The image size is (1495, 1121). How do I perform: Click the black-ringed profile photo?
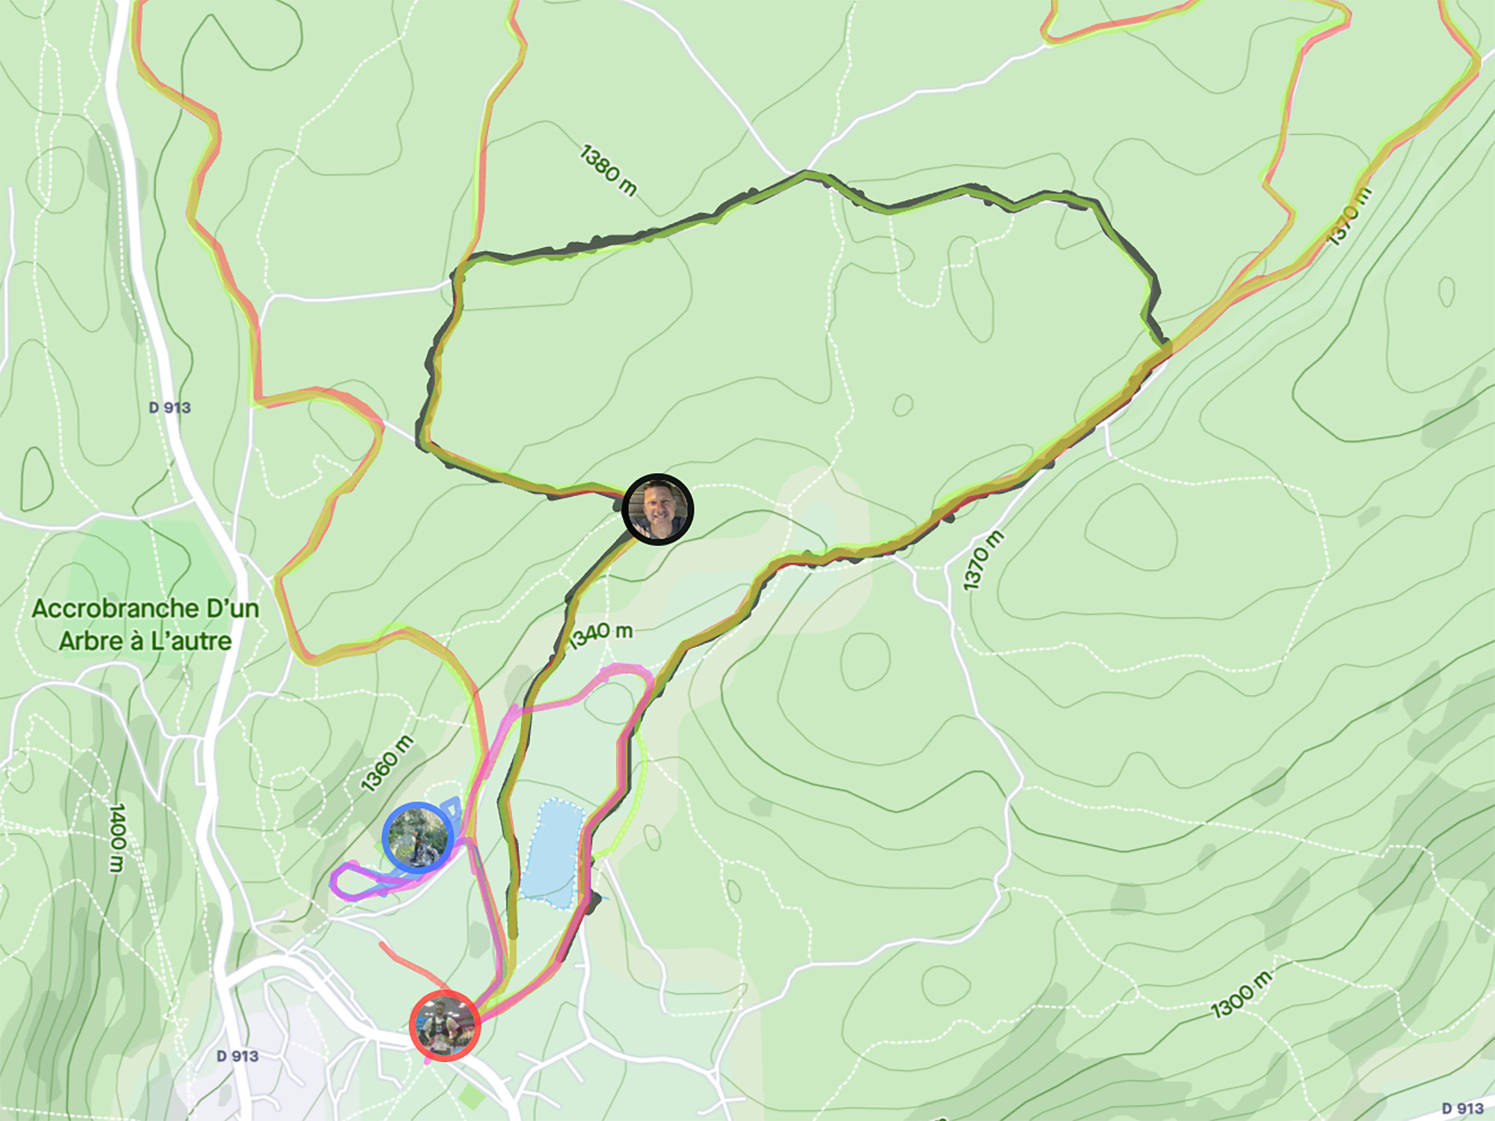click(x=658, y=509)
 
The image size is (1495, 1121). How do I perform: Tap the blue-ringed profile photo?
click(x=418, y=837)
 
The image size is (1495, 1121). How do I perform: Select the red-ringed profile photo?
click(x=445, y=1026)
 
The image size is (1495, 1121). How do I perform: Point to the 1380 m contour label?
click(x=608, y=171)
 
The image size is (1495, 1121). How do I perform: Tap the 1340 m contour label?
click(x=600, y=636)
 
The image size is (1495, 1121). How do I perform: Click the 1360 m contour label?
click(x=386, y=764)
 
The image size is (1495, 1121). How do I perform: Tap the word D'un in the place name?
click(x=232, y=608)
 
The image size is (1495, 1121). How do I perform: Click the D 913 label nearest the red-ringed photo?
click(x=238, y=1056)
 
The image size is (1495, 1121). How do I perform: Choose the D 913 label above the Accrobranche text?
click(x=170, y=407)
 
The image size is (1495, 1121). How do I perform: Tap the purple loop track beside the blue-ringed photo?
click(x=351, y=882)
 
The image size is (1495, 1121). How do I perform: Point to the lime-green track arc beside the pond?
click(x=639, y=792)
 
